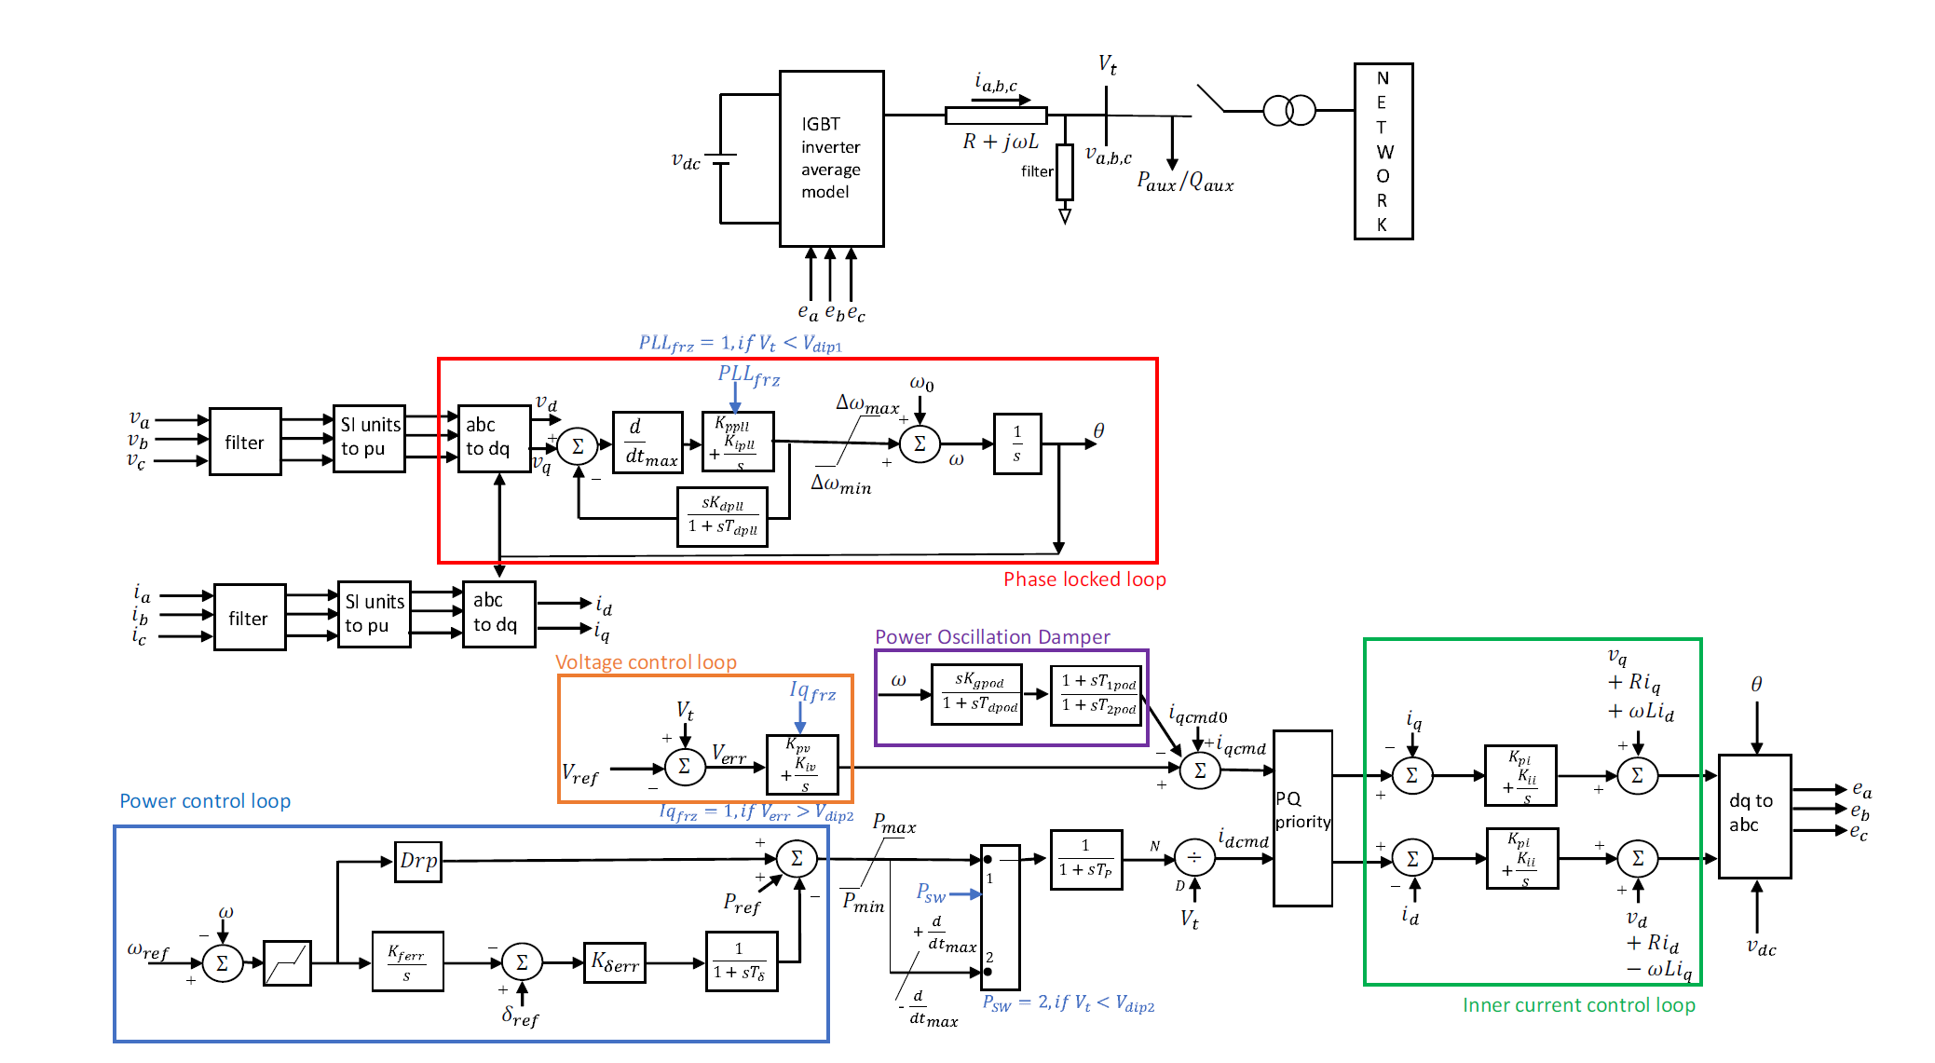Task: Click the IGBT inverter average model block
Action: tap(831, 158)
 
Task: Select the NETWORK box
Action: tap(1383, 151)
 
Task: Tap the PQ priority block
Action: tap(1302, 817)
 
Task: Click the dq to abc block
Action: tap(1754, 815)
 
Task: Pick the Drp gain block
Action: tap(418, 861)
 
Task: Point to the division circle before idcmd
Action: tap(1194, 857)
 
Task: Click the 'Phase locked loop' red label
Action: tap(1084, 579)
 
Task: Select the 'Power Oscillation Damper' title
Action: tap(992, 637)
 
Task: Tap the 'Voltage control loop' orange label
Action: tap(646, 662)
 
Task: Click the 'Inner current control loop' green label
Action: tap(1578, 1005)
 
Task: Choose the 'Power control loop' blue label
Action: tap(205, 801)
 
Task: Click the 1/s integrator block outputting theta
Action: tap(1016, 443)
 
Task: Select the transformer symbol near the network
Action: tap(1289, 111)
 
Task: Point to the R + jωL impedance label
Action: tap(1000, 142)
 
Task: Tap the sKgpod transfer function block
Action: tap(976, 693)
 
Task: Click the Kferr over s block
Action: tap(407, 961)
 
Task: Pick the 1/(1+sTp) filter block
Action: tap(1085, 859)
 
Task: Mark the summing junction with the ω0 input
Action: tap(920, 443)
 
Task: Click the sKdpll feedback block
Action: tap(722, 516)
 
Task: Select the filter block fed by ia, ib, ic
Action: tap(249, 618)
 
